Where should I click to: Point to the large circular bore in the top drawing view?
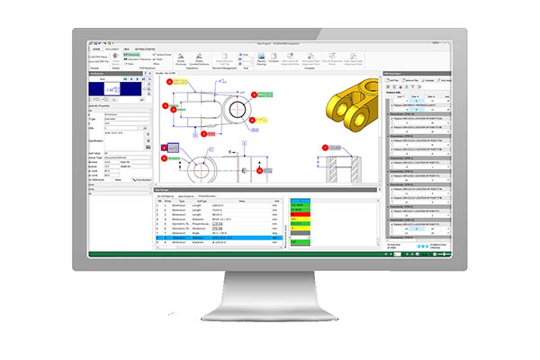[x=230, y=102]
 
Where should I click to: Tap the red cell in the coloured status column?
[x=298, y=210]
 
